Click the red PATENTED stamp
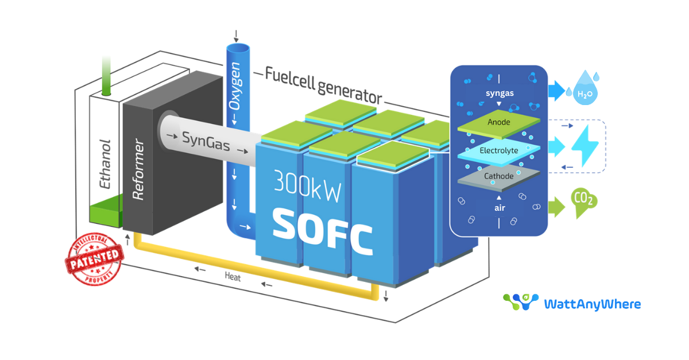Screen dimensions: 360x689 (x=95, y=260)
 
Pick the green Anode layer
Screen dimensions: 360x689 (x=498, y=122)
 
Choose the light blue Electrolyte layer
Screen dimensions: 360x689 (x=498, y=150)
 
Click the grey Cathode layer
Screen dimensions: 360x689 (x=498, y=176)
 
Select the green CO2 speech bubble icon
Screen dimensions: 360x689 (x=585, y=202)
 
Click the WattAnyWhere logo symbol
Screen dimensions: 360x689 (x=520, y=303)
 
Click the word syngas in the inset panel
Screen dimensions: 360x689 (x=499, y=92)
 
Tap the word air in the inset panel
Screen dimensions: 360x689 (x=500, y=208)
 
